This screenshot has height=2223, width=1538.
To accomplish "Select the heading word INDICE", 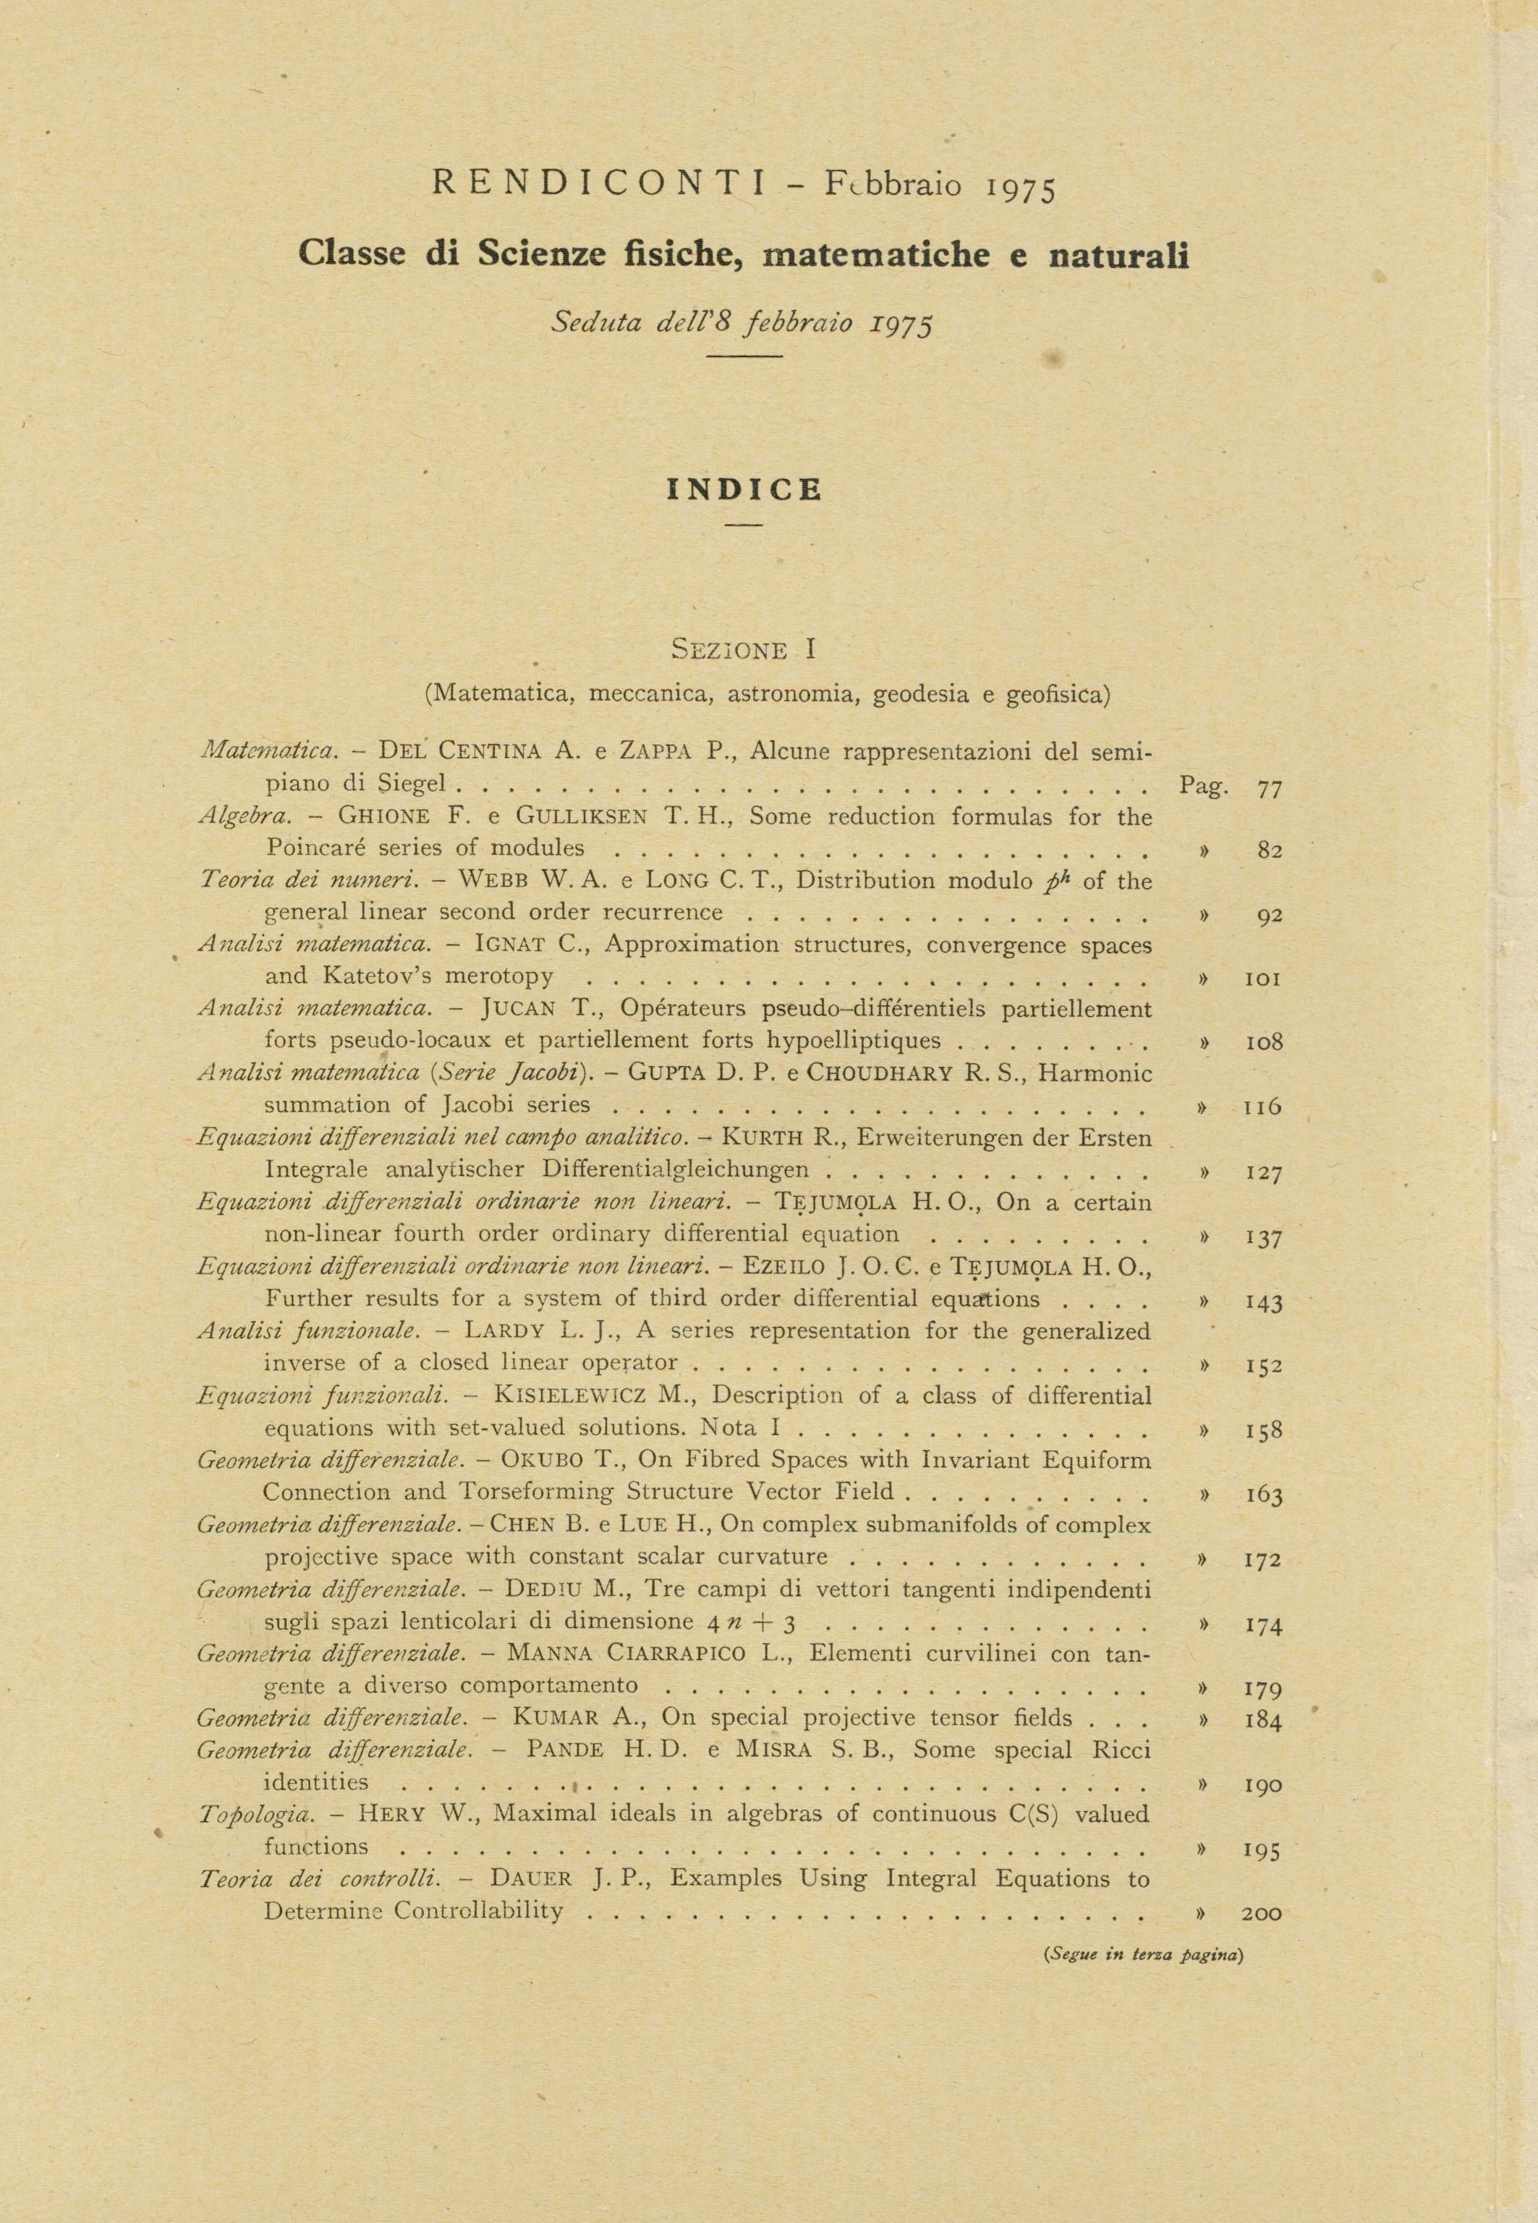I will [x=744, y=490].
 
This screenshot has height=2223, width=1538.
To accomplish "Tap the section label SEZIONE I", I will [x=743, y=650].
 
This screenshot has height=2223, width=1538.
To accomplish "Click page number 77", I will [x=1269, y=788].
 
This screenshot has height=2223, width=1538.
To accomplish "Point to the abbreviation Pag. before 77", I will [x=1204, y=787].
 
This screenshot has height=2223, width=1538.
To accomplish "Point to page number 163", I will [x=1263, y=1496].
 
